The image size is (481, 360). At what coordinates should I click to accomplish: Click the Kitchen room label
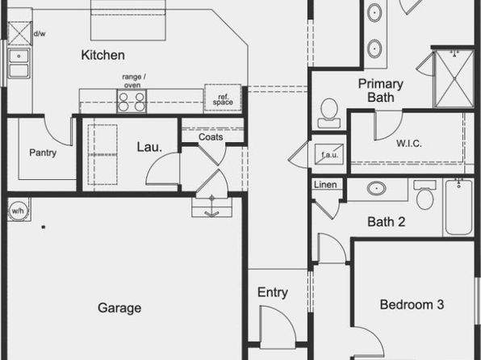[x=103, y=55]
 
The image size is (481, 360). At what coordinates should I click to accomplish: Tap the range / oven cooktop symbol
[x=132, y=101]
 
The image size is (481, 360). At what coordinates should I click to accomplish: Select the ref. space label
[x=223, y=100]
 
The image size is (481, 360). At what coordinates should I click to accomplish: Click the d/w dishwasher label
[x=40, y=34]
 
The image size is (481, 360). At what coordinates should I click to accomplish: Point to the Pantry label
[x=43, y=153]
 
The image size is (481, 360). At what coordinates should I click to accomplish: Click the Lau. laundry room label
[x=149, y=147]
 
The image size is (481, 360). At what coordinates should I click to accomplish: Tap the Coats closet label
[x=211, y=137]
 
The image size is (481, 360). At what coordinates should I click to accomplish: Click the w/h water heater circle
[x=18, y=211]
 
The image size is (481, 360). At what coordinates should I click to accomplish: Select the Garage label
[x=119, y=308]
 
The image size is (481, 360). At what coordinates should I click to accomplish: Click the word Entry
[x=273, y=292]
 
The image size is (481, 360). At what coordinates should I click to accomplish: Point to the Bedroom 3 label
[x=412, y=304]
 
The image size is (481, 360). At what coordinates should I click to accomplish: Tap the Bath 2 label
[x=387, y=222]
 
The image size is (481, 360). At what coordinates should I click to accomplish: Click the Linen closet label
[x=325, y=185]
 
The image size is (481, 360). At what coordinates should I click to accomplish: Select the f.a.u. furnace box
[x=329, y=154]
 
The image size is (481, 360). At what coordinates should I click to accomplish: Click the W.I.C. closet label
[x=409, y=144]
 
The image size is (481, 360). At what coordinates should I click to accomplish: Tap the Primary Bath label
[x=381, y=90]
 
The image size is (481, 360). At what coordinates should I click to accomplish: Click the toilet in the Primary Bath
[x=329, y=113]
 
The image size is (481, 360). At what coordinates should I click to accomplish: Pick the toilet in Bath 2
[x=425, y=195]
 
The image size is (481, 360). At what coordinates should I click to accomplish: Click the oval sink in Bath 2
[x=376, y=188]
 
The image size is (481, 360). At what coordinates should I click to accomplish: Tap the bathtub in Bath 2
[x=459, y=207]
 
